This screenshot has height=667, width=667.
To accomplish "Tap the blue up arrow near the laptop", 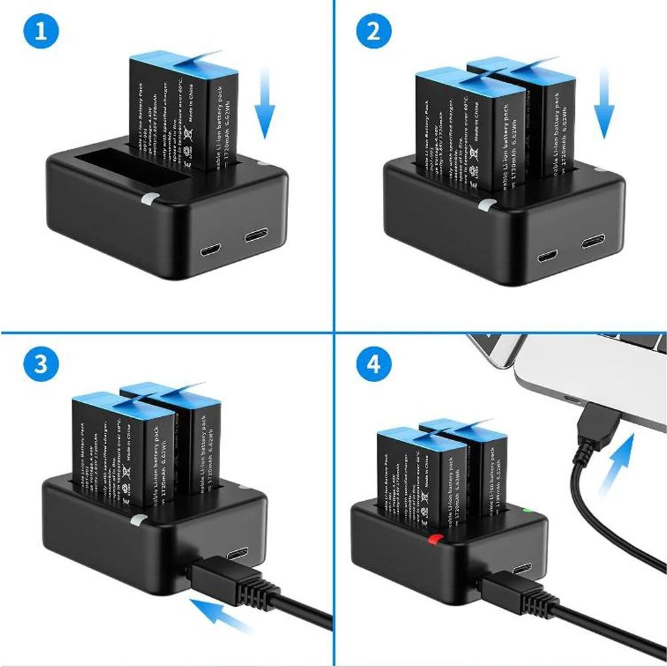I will pyautogui.click(x=617, y=460).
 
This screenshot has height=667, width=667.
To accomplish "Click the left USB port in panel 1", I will pyautogui.click(x=211, y=251).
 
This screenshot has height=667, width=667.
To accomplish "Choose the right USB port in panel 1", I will pyautogui.click(x=256, y=236).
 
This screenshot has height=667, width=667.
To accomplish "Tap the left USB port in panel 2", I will pyautogui.click(x=548, y=255).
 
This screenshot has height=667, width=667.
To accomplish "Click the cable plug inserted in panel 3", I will pyautogui.click(x=220, y=579).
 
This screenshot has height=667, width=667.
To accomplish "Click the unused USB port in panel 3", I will pyautogui.click(x=238, y=553).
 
